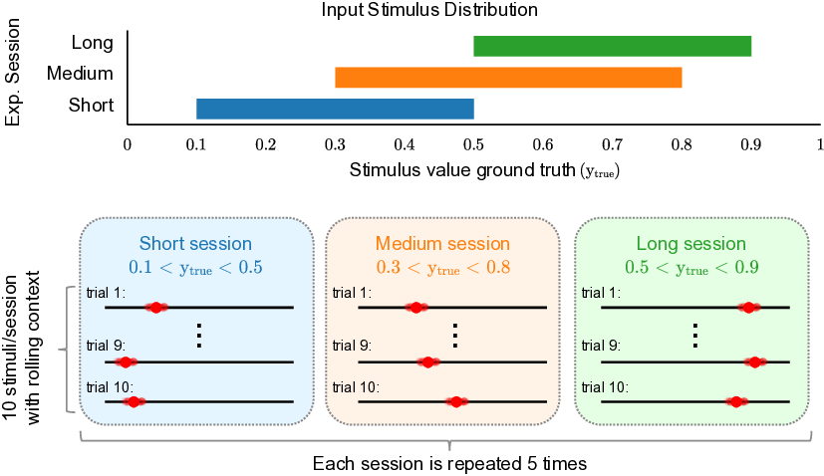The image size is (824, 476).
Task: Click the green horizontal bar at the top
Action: [612, 47]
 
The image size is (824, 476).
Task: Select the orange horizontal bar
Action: [508, 78]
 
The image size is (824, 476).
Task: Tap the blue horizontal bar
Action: [335, 109]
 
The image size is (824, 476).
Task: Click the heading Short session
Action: [195, 244]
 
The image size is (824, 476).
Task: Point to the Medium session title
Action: [442, 244]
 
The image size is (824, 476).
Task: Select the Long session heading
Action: [690, 244]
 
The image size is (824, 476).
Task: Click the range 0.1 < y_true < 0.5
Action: [195, 267]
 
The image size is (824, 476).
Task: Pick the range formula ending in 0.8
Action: [442, 267]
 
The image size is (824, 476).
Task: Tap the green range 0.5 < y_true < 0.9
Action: [690, 267]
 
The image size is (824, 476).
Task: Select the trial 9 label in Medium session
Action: [352, 346]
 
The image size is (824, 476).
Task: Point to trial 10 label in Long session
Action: [605, 386]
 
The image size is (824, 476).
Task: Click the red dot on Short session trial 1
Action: [155, 308]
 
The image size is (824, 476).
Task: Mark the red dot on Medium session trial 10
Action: [456, 401]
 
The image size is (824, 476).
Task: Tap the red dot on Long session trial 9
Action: [755, 361]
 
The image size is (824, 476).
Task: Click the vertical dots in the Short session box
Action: [199, 335]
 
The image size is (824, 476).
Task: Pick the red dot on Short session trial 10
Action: [133, 401]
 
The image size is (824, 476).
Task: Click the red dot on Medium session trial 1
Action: [416, 308]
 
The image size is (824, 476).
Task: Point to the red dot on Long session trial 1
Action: [749, 308]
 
